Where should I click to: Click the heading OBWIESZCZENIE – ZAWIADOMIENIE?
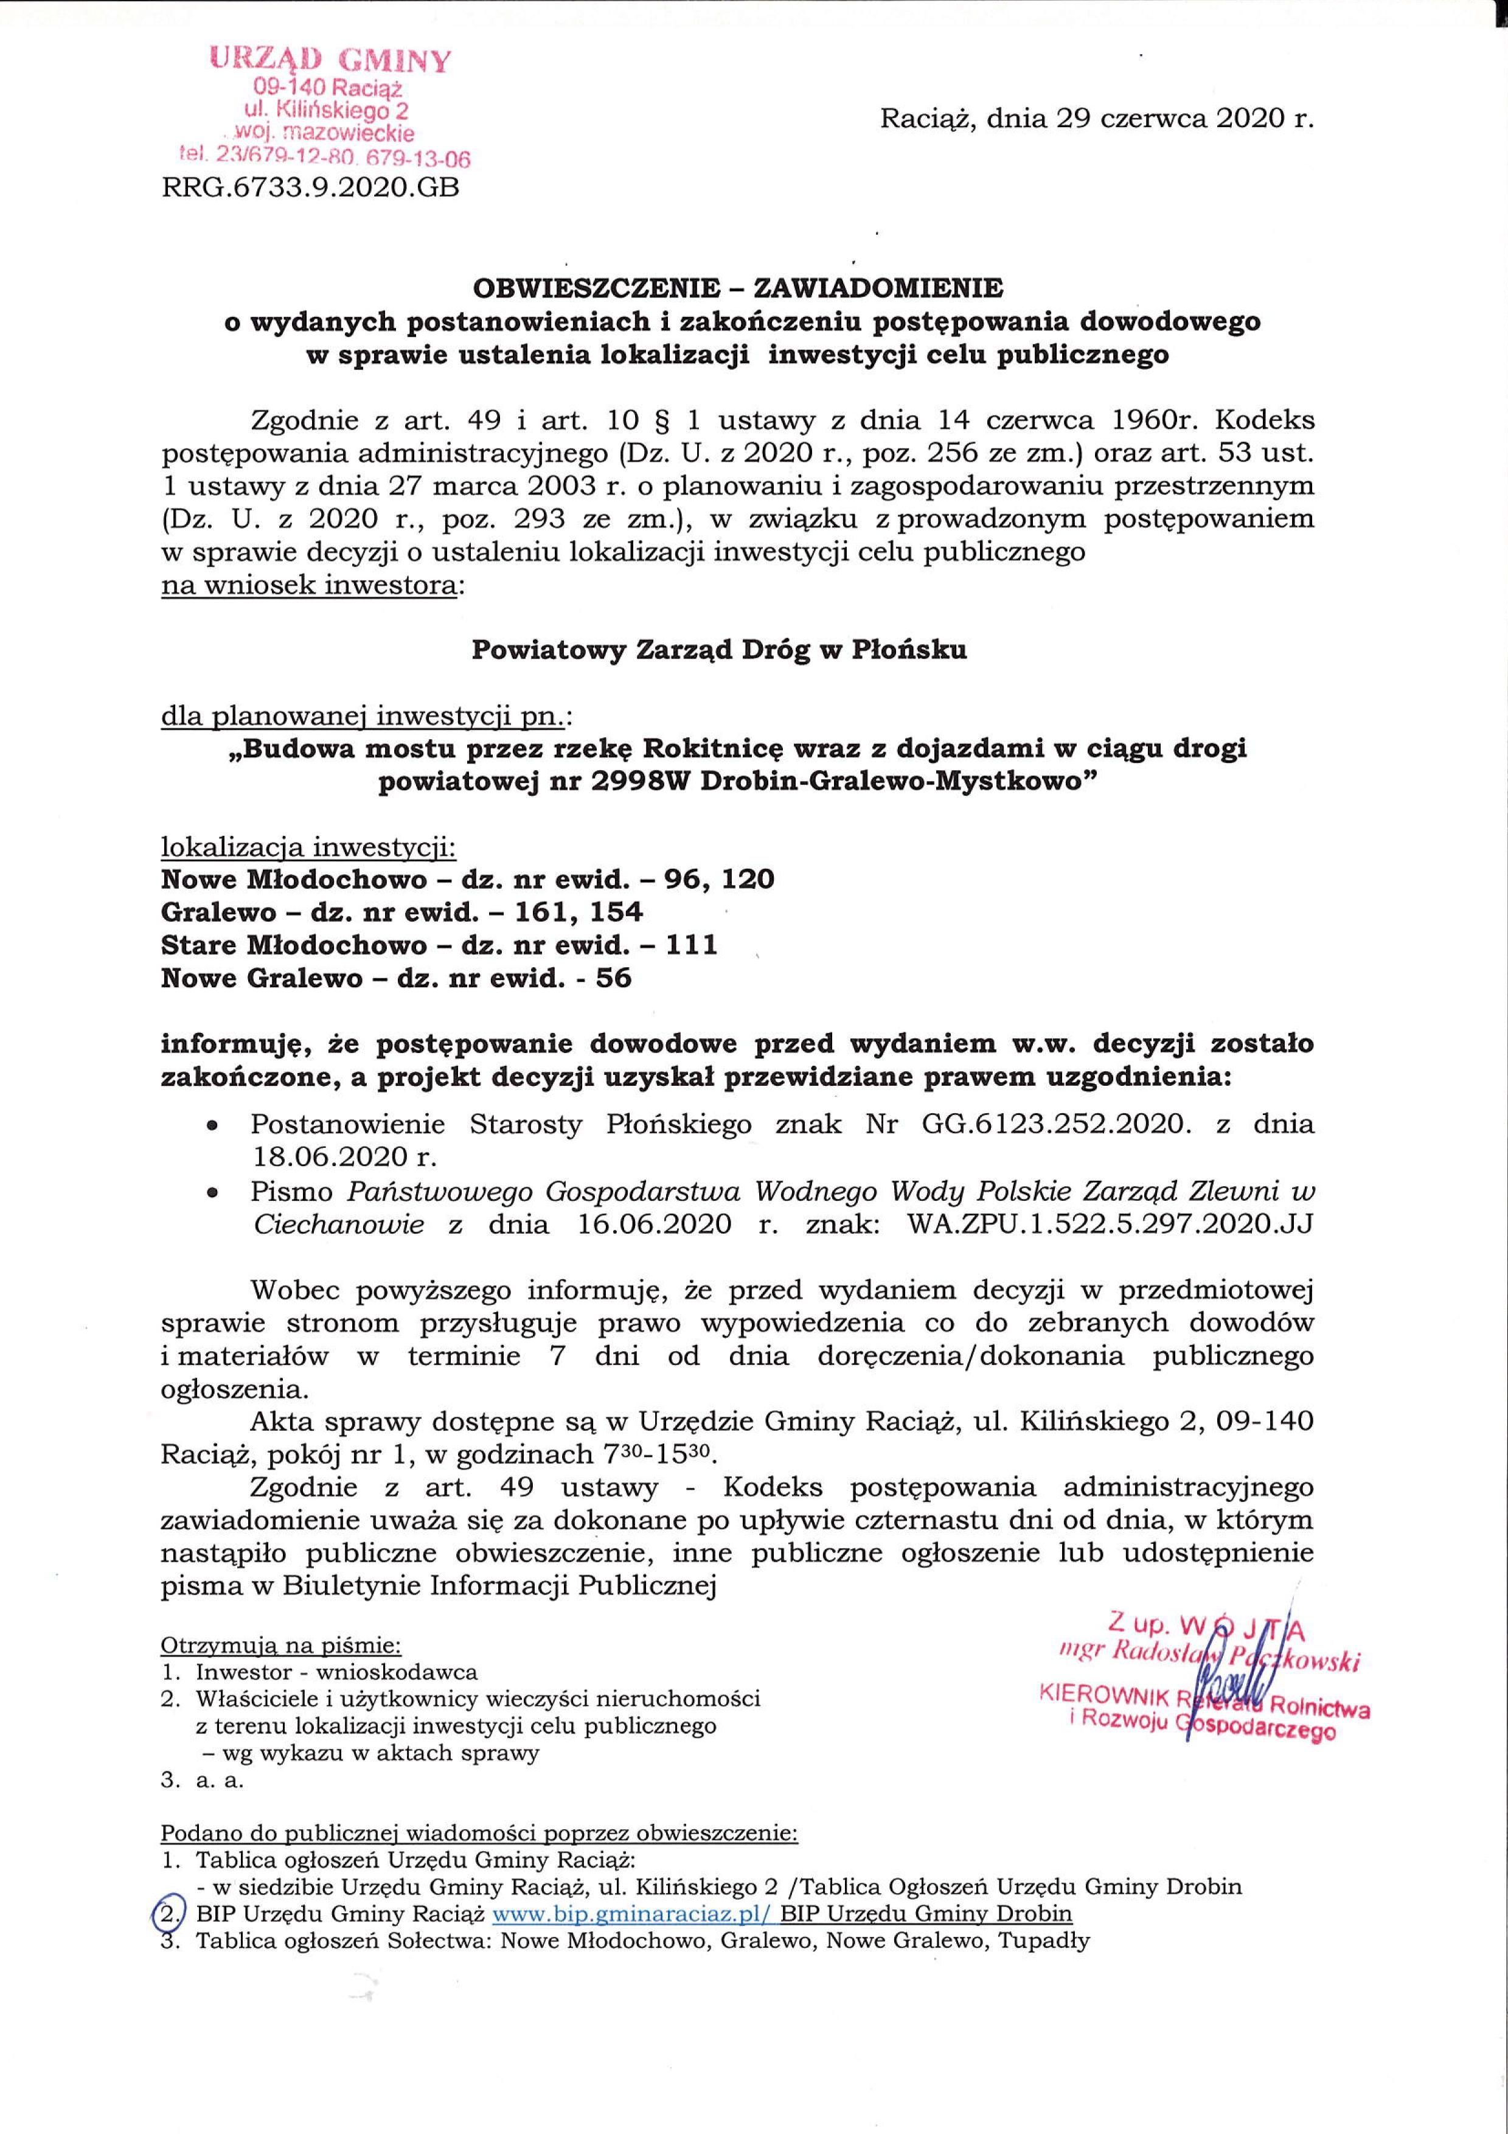pos(738,288)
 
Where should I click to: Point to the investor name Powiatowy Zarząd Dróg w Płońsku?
pos(719,650)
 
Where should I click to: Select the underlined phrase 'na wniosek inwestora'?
pos(310,586)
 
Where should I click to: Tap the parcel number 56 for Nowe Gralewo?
pos(613,979)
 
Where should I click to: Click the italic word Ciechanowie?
pos(339,1224)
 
